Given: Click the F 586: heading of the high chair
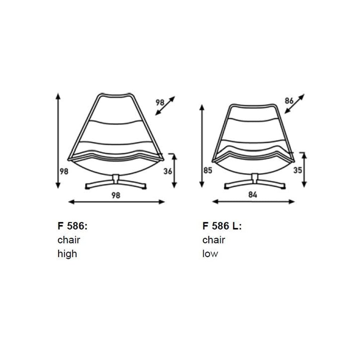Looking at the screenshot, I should click(x=72, y=226).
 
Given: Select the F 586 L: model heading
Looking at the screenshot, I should click(x=222, y=226).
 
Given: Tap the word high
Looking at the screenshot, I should click(x=67, y=254).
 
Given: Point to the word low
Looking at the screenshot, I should click(x=210, y=254).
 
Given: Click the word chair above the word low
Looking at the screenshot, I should click(x=214, y=240).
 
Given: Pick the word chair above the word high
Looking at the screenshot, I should click(x=69, y=240).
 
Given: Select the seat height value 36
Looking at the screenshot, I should click(x=168, y=172).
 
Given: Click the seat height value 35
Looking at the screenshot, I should click(x=297, y=171).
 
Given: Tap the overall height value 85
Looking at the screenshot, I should click(x=208, y=171).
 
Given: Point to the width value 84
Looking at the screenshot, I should click(x=253, y=195).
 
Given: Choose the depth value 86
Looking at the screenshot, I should click(x=289, y=101).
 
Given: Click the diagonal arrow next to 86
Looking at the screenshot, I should click(x=294, y=104).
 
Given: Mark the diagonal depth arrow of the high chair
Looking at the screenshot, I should click(x=165, y=105).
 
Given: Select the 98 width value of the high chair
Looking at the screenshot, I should click(x=116, y=195).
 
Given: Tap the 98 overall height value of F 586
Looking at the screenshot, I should click(x=64, y=172).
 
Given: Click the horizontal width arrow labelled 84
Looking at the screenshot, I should click(x=253, y=202).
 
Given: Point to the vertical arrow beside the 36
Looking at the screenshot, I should click(x=174, y=171).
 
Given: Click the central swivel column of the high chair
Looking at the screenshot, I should click(x=116, y=179).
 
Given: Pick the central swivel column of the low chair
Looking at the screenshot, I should click(x=255, y=178).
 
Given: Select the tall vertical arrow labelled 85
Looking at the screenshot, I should click(x=202, y=146).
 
